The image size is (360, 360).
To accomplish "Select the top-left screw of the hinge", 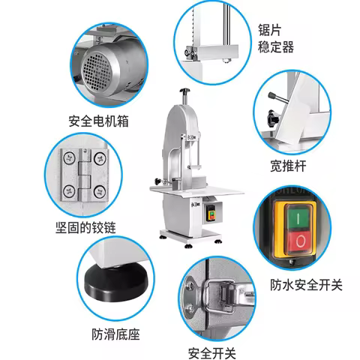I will (67, 157).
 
